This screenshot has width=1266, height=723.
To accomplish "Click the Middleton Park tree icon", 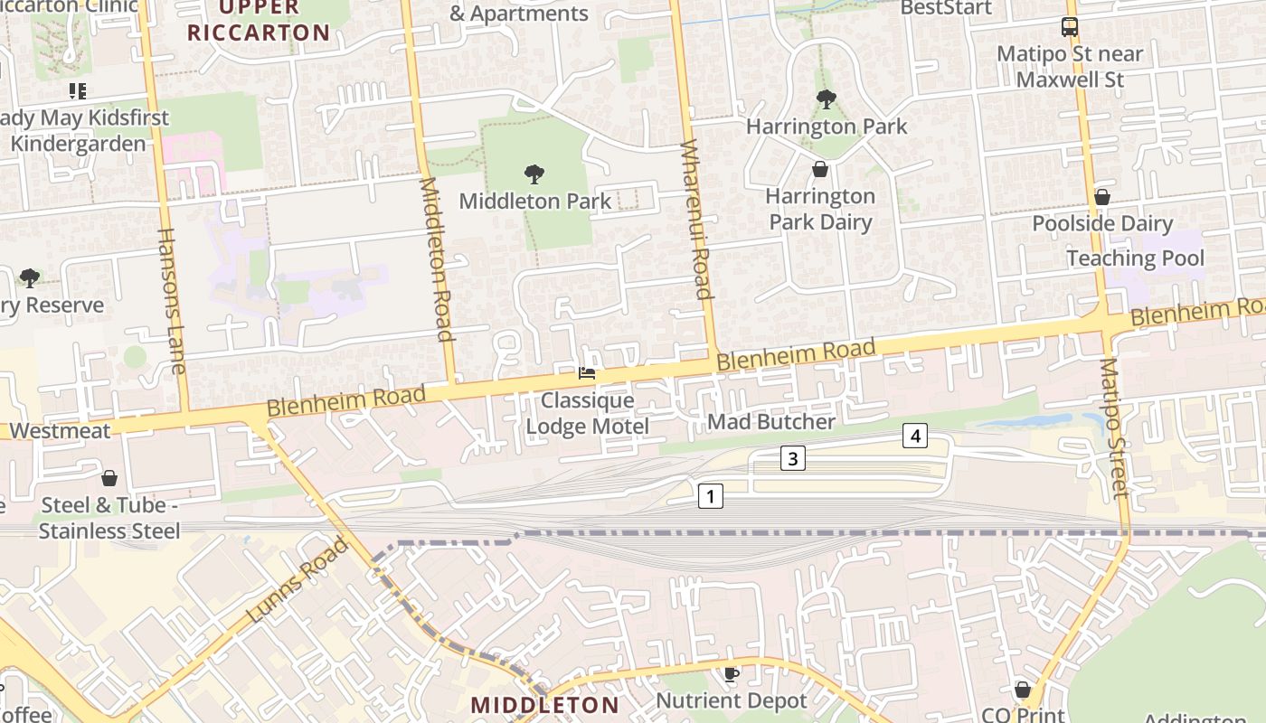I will point(534,174).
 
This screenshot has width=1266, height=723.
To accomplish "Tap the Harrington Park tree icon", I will point(825,99).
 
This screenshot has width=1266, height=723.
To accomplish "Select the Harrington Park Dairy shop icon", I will point(820,169).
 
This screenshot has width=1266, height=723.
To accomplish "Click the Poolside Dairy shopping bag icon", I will point(1101,197).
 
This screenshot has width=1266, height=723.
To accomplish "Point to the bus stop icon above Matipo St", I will point(1070,26).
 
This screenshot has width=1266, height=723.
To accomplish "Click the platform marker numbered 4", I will point(915,437).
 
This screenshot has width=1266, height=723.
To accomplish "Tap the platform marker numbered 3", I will point(792,459).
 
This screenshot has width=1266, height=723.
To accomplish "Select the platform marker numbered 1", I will point(711,496).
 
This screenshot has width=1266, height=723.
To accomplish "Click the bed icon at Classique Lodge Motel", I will point(587,372).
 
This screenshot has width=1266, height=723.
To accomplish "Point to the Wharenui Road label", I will point(696,220).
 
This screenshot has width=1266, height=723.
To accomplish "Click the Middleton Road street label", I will point(435,259).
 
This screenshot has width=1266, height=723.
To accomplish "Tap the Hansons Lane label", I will point(171,300).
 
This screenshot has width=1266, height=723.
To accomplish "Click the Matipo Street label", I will point(1114,427).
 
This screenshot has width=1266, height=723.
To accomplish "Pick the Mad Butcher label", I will point(771,421).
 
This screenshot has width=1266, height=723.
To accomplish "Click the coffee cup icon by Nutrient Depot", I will point(731,674).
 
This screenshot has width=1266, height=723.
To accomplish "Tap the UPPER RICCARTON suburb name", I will point(259,21).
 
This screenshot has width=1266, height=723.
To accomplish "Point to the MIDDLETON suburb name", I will point(545,705).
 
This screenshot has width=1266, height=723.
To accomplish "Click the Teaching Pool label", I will point(1135,258).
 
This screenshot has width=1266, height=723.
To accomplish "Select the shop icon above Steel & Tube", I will point(109,477).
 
